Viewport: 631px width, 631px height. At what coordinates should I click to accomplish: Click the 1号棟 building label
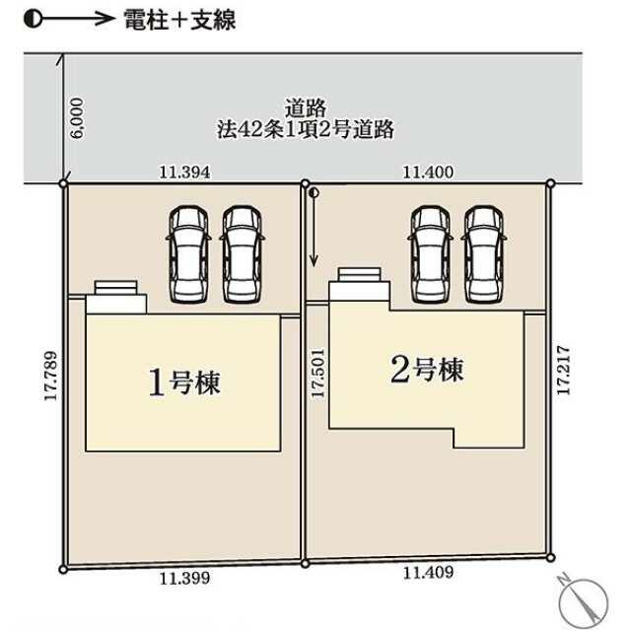pos(183,382)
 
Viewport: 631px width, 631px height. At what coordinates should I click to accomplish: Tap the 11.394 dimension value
pos(185,172)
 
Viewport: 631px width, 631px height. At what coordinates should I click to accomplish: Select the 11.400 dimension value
pos(428,172)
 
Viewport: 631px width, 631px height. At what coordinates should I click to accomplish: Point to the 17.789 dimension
pos(48,376)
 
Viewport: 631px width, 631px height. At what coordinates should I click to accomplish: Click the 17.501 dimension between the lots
pos(316,371)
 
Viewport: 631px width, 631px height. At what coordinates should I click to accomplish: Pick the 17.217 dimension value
pos(563,370)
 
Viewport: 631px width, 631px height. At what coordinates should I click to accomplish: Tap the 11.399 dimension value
pos(184,580)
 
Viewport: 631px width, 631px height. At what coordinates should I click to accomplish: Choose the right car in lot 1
pos(242,254)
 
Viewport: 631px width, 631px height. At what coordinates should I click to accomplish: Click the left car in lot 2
pos(429,253)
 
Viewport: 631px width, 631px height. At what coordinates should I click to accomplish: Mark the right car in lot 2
pos(483,253)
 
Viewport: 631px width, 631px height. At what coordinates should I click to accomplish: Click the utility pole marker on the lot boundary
pos(314,194)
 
